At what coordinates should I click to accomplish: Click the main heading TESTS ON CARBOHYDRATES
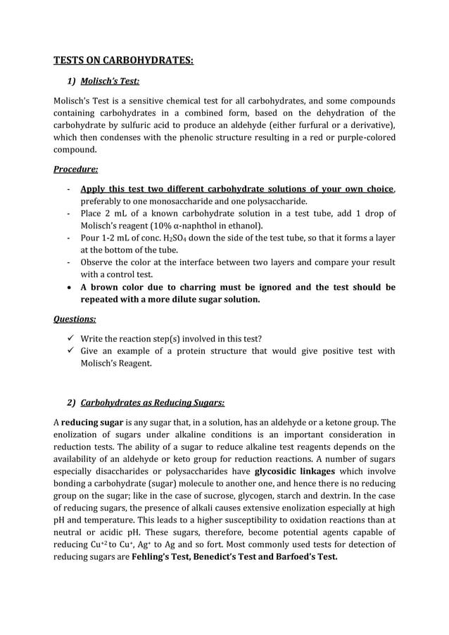(123, 60)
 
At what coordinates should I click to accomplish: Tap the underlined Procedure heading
(76, 169)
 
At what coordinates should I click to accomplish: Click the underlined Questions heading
(75, 319)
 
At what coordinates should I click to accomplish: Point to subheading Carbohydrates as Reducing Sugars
(153, 402)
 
